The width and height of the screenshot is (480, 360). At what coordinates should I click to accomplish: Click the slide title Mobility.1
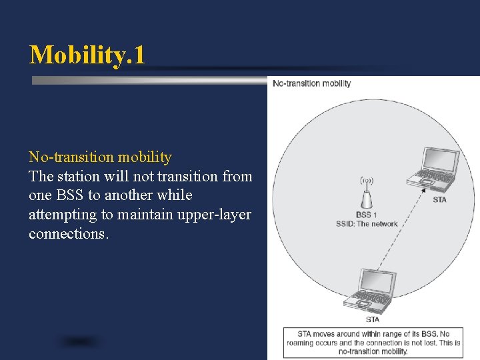(87, 55)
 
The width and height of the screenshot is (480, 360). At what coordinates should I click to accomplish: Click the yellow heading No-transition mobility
(100, 157)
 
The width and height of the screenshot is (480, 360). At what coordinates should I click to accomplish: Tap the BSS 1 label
(367, 215)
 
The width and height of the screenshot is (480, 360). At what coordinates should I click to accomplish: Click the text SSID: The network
(367, 224)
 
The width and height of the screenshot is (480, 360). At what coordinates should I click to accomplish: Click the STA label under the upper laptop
(439, 199)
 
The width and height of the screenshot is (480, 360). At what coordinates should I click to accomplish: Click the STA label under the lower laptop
(372, 319)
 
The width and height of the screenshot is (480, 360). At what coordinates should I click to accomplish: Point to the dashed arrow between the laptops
(399, 233)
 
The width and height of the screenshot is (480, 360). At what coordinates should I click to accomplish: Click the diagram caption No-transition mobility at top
(312, 83)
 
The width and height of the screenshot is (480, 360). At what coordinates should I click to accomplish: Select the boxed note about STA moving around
(373, 342)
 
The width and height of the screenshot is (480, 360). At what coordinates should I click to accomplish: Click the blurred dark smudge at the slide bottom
(80, 342)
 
